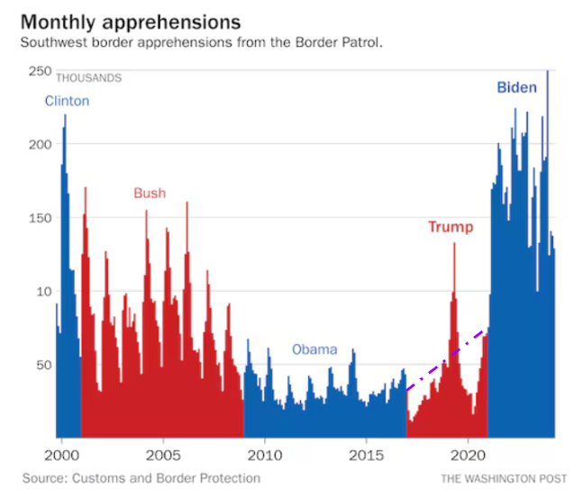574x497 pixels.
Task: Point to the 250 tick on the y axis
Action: coord(40,70)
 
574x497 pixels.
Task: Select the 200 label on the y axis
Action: coord(40,144)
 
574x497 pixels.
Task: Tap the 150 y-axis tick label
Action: coord(40,218)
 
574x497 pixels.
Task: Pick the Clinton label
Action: coord(68,101)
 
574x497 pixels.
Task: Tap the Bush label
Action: coord(150,193)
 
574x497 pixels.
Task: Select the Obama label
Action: coord(314,349)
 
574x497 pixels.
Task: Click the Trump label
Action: coord(451,227)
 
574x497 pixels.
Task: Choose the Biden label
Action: coord(517,87)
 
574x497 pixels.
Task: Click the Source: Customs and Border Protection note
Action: coord(141,478)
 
